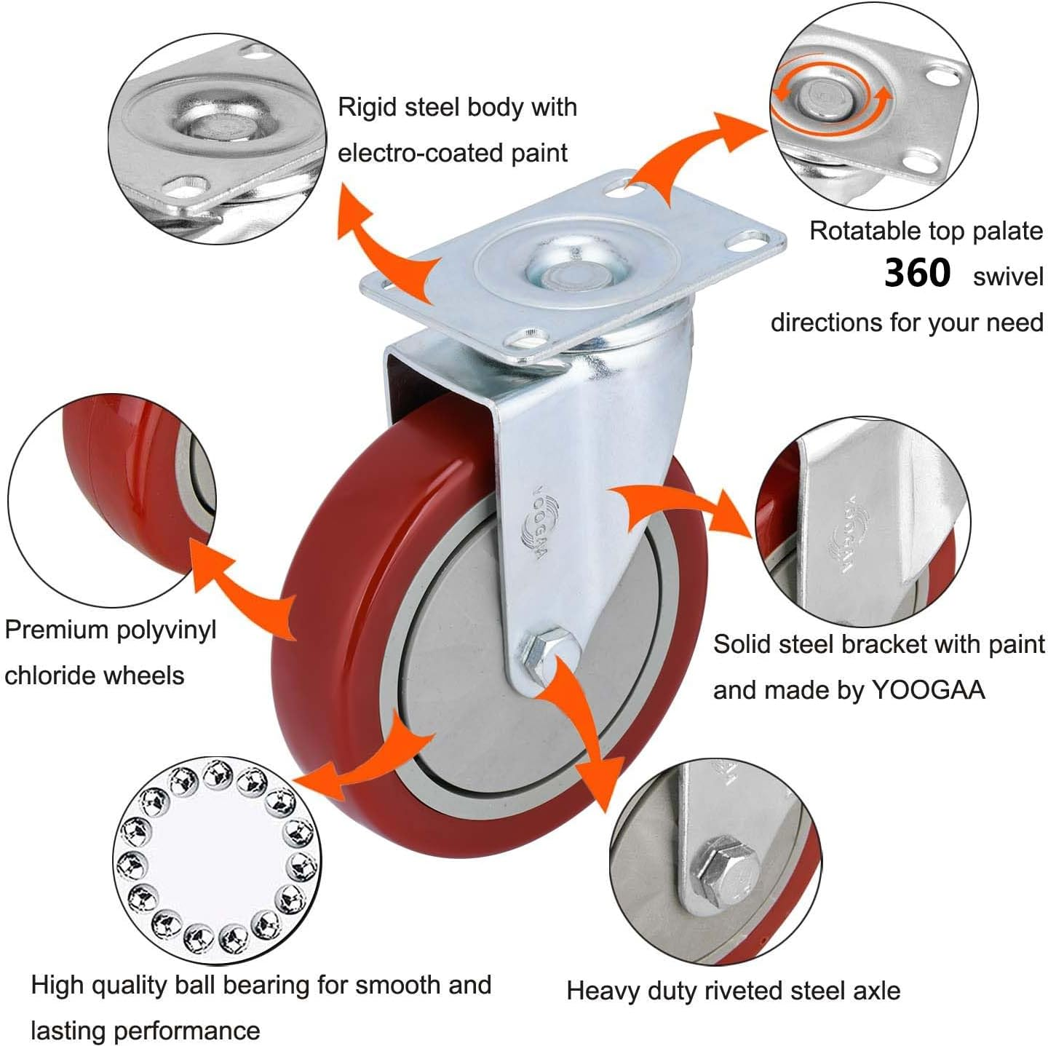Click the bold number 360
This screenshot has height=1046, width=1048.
917,274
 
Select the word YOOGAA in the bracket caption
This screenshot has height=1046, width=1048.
928,690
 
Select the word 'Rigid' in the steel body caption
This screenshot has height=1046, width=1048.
367,108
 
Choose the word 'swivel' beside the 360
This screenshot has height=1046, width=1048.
1007,277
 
